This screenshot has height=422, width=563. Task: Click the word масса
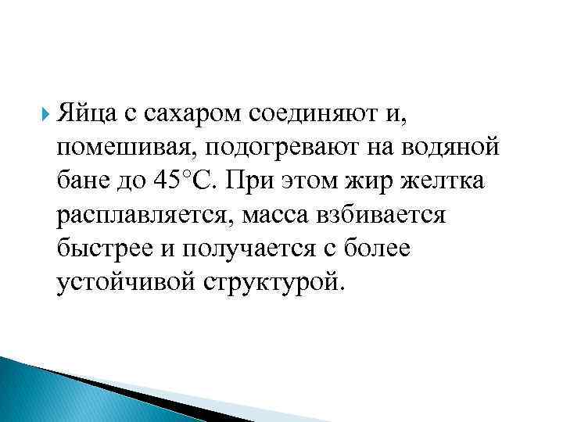click(269, 214)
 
